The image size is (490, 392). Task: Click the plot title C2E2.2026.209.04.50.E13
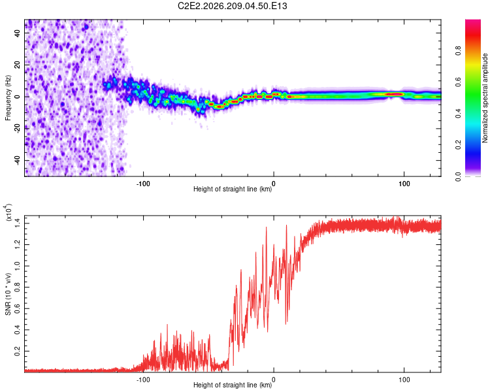(232, 6)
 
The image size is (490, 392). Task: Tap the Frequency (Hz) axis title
(8, 98)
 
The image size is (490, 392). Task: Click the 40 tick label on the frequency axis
(18, 33)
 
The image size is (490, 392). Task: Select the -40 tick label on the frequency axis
(18, 161)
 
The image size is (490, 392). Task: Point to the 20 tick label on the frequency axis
(18, 65)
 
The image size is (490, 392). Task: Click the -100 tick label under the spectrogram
(143, 184)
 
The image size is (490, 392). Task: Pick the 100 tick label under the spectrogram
(404, 184)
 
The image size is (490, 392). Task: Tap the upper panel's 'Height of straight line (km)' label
(233, 189)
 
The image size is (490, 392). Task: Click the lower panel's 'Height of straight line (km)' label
(233, 385)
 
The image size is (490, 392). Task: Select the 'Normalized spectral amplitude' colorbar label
(485, 98)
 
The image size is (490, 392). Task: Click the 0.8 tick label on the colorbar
(458, 51)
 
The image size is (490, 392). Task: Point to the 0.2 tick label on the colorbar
(458, 145)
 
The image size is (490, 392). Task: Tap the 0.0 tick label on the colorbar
(458, 176)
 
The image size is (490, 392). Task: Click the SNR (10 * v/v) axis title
(8, 294)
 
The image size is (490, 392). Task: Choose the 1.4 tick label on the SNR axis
(18, 223)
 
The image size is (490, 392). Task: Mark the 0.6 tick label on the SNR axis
(18, 308)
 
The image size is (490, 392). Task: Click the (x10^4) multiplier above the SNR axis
(8, 212)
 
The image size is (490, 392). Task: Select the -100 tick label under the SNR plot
(143, 380)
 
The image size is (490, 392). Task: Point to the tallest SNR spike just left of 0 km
(267, 227)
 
